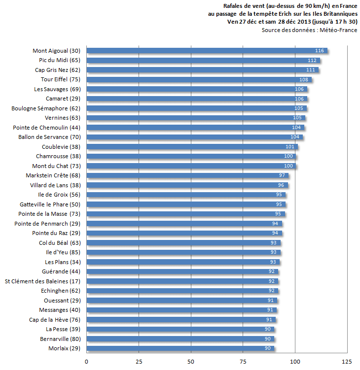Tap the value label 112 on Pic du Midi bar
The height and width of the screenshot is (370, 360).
[312, 61]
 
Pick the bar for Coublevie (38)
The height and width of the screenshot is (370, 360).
[192, 147]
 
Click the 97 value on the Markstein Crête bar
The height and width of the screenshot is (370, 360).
[282, 175]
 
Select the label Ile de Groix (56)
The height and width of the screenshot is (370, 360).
[59, 195]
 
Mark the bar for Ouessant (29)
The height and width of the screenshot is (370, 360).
[182, 301]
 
